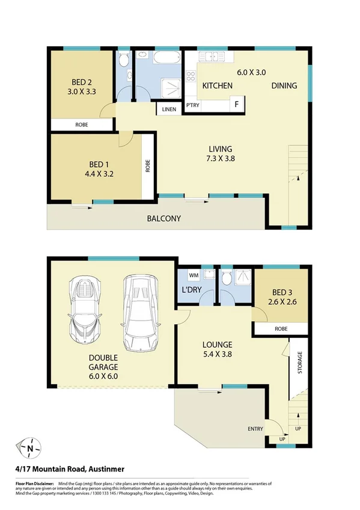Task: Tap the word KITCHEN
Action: (217, 86)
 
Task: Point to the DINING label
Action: (284, 86)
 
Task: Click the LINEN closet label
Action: (168, 109)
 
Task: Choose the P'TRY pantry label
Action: (193, 106)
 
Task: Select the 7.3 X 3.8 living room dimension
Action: (221, 159)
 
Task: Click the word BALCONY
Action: (164, 219)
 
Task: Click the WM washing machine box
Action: (194, 275)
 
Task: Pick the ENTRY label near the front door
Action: (255, 428)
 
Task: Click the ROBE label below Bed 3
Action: (281, 329)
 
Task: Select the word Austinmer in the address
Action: (103, 469)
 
